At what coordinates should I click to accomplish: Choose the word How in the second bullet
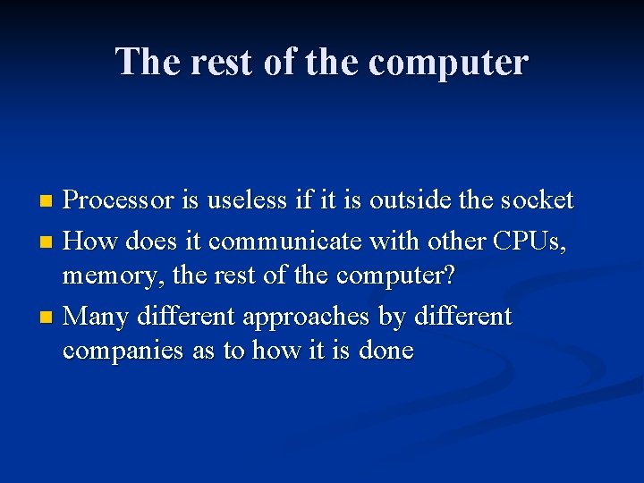pyautogui.click(x=93, y=241)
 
